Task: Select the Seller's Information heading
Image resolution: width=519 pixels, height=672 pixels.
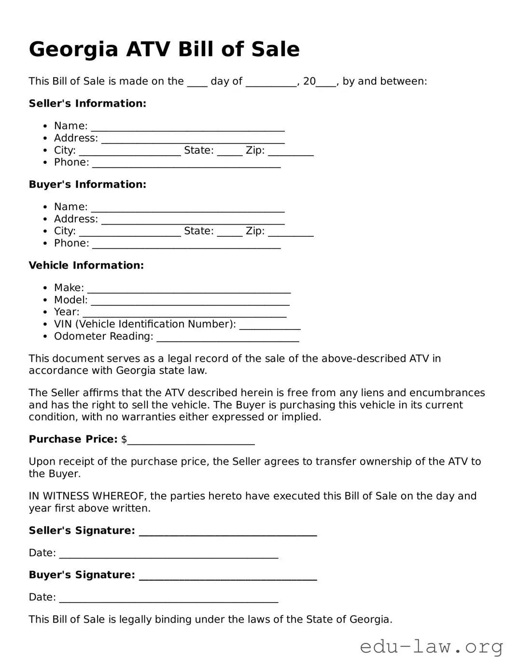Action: click(87, 103)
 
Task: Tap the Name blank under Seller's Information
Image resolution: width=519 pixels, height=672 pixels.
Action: click(188, 127)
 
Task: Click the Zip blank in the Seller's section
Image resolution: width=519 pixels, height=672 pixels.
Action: click(291, 152)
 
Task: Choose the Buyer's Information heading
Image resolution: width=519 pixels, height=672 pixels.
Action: click(87, 185)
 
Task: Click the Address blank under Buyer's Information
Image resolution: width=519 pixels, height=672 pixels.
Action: click(193, 220)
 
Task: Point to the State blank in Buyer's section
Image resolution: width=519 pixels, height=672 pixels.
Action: click(230, 232)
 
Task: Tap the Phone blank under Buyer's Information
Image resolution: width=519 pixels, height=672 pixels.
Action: click(186, 244)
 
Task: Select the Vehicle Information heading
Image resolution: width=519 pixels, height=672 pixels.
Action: click(86, 265)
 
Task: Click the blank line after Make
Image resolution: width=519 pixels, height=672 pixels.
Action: click(189, 289)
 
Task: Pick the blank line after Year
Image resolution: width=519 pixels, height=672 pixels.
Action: click(184, 313)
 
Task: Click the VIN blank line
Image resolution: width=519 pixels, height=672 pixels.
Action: click(270, 326)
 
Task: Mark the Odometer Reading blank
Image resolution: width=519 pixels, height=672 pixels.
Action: click(228, 338)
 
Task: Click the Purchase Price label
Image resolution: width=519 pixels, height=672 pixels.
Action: click(73, 439)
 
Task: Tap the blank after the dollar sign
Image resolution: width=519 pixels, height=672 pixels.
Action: click(191, 441)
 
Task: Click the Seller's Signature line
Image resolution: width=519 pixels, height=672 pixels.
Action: click(227, 532)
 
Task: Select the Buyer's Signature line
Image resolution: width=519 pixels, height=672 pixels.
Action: click(227, 576)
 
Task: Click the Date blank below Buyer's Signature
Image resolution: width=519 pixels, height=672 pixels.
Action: click(168, 599)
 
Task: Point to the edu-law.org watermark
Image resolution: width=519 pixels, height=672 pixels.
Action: click(431, 646)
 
